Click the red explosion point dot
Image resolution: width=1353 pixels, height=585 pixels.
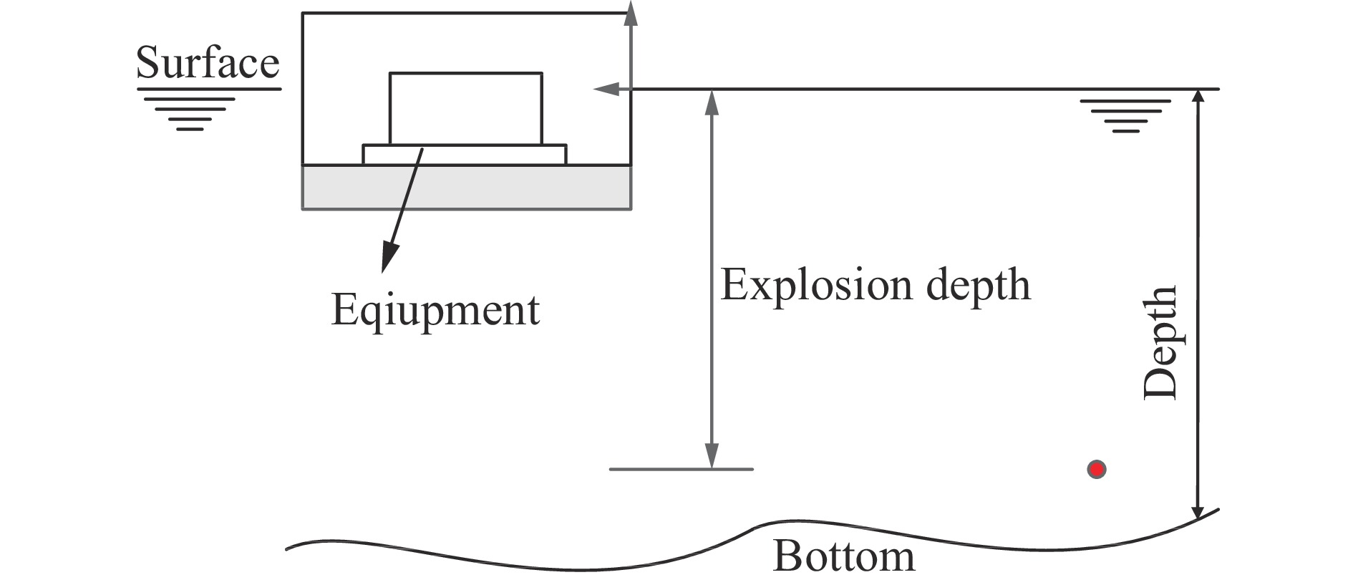tap(1096, 469)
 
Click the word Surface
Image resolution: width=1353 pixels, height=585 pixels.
tap(208, 62)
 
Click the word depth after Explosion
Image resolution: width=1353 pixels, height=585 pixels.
tap(978, 285)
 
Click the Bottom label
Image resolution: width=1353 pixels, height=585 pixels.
tap(844, 556)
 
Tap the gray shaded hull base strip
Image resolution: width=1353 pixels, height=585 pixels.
tap(467, 188)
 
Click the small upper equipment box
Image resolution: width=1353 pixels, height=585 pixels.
tap(466, 109)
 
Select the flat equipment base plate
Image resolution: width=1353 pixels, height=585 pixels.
tap(465, 155)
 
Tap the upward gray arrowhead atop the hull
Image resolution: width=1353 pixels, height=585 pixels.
tap(631, 13)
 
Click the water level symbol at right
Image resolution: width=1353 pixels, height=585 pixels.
tap(1125, 117)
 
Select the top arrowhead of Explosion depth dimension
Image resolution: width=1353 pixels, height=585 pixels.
tap(711, 103)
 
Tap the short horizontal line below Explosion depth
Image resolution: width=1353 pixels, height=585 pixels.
tap(681, 469)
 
